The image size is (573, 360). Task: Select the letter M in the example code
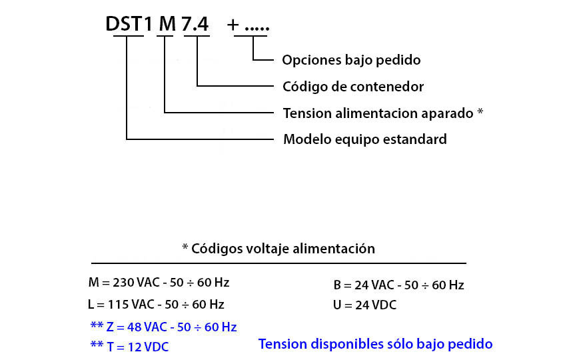pyautogui.click(x=168, y=24)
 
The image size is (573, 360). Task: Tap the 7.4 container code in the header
pyautogui.click(x=195, y=24)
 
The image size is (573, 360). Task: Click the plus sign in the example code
pyautogui.click(x=233, y=25)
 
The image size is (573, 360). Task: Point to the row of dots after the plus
pyautogui.click(x=257, y=28)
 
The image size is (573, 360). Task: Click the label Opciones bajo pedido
pyautogui.click(x=351, y=60)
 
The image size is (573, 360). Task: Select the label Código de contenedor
pyautogui.click(x=353, y=87)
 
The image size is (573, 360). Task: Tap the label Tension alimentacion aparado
pyautogui.click(x=378, y=113)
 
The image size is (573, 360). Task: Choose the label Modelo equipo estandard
pyautogui.click(x=365, y=139)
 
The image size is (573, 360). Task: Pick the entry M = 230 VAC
pyautogui.click(x=159, y=283)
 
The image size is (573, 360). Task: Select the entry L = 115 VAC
pyautogui.click(x=156, y=305)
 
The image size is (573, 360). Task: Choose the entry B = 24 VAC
pyautogui.click(x=398, y=285)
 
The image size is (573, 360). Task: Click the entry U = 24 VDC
pyautogui.click(x=364, y=305)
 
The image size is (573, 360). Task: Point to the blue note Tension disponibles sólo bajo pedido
pyautogui.click(x=375, y=344)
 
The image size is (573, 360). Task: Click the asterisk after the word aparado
pyautogui.click(x=480, y=111)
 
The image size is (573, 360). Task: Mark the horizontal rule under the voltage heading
pyautogui.click(x=279, y=263)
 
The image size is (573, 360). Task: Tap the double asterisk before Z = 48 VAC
pyautogui.click(x=97, y=325)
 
